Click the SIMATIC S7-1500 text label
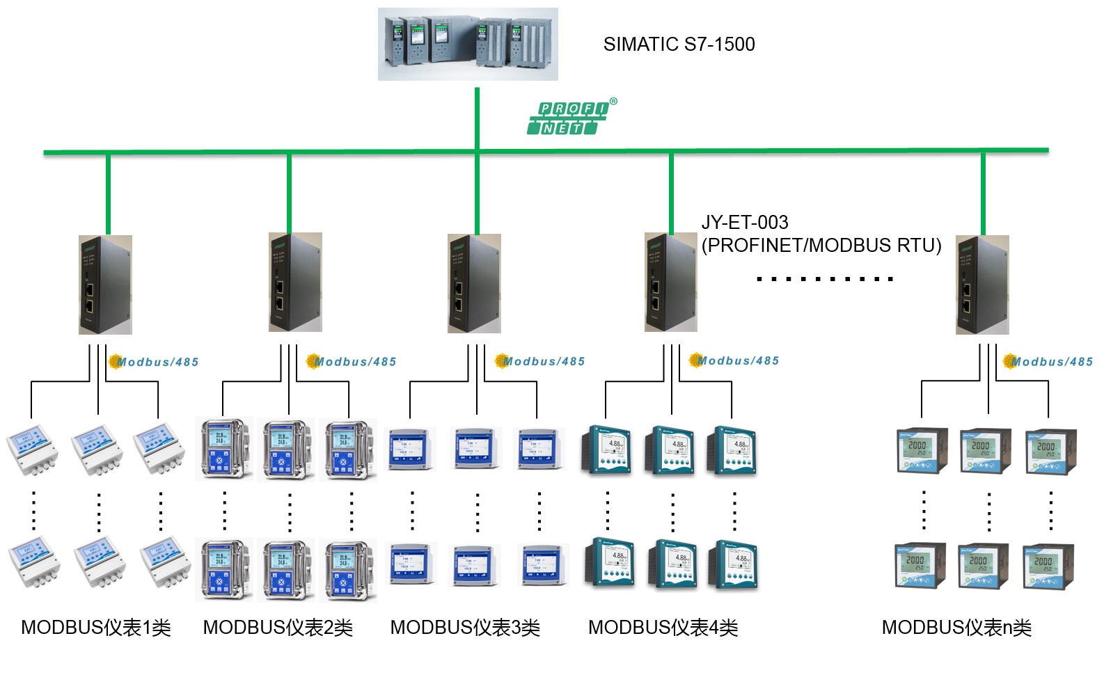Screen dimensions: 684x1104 coord(679,44)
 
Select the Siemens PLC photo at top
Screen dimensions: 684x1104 coord(468,44)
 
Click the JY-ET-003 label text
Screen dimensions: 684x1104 coord(744,223)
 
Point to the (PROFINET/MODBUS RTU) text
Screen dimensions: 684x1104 coord(821,246)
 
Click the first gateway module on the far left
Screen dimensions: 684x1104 coord(105,285)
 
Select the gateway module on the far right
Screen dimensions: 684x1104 coord(981,285)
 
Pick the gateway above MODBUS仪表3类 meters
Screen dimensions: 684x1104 coord(474,284)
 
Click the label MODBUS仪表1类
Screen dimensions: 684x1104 coord(96,628)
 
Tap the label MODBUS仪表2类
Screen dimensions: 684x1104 coord(278,628)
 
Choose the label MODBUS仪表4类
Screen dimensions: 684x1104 coord(663,628)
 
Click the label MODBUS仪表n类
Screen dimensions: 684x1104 coord(956,628)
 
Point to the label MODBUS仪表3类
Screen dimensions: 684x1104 coord(465,628)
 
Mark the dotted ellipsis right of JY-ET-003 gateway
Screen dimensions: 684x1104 coord(824,279)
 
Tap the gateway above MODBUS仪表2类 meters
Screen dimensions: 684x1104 coord(295,283)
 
